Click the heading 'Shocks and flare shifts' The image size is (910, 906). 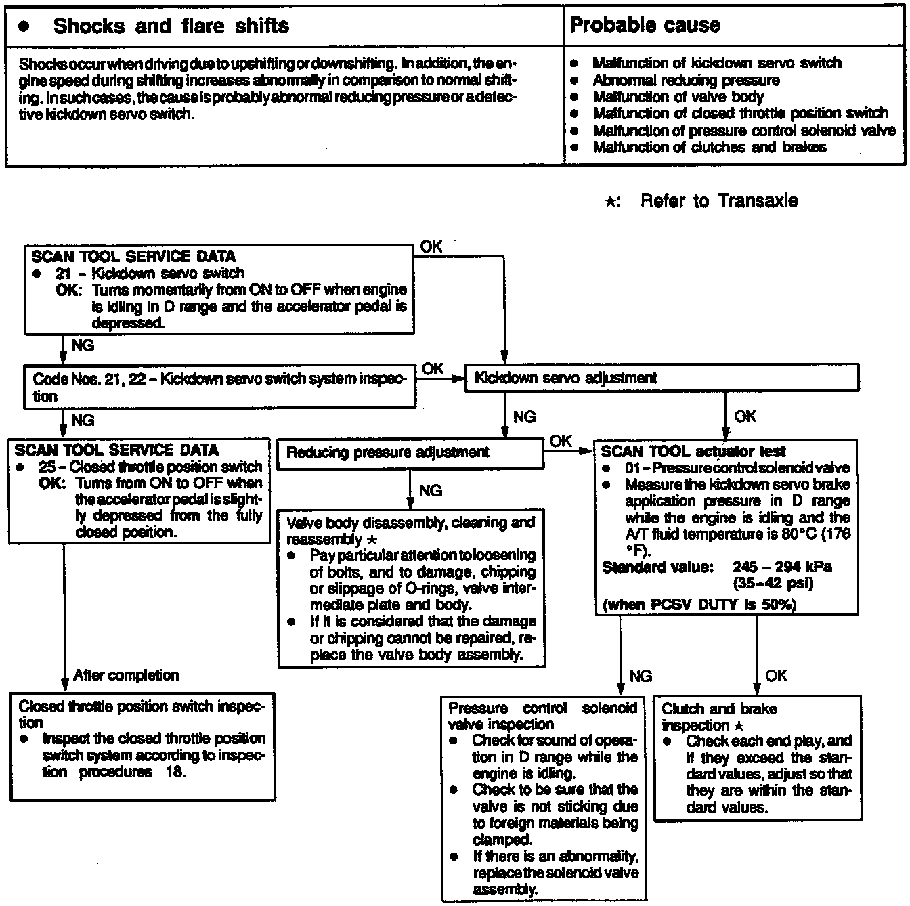tap(171, 26)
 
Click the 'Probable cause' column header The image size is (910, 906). tap(645, 25)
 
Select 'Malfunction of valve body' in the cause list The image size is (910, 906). tap(678, 97)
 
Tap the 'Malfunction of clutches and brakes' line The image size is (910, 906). tap(709, 147)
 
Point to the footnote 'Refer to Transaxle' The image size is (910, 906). tap(718, 200)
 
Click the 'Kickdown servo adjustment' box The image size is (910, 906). tap(565, 378)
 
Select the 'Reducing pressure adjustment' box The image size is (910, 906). tap(387, 452)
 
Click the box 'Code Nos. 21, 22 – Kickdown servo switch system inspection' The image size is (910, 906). tap(219, 387)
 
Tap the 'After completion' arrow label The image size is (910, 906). tap(126, 675)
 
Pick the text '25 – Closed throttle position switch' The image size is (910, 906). tap(165, 467)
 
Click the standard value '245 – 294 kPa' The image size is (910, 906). tap(782, 567)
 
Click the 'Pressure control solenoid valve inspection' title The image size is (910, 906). tap(542, 716)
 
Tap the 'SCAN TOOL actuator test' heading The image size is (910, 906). tap(693, 452)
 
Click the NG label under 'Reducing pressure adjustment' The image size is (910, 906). tap(431, 490)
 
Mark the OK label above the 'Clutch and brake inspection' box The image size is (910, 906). tap(776, 676)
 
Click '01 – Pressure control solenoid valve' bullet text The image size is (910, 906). tap(737, 468)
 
